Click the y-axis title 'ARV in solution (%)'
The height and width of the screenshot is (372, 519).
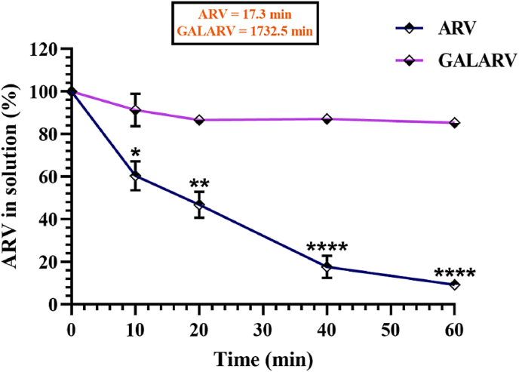coord(14,176)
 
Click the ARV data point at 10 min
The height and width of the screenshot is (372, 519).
coord(135,177)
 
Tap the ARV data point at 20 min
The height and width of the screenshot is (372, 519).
coord(199,204)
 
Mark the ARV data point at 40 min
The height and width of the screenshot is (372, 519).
coord(327,267)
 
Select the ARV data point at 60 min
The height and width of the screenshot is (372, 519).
coord(454,284)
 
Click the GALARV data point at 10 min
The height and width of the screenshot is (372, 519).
coord(135,110)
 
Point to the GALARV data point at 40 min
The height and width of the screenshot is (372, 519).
coord(327,119)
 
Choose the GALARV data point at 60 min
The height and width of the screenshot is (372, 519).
coord(454,123)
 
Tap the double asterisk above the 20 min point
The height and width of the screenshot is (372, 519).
coord(199,183)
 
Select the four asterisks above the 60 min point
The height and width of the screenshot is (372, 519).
coord(455,274)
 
